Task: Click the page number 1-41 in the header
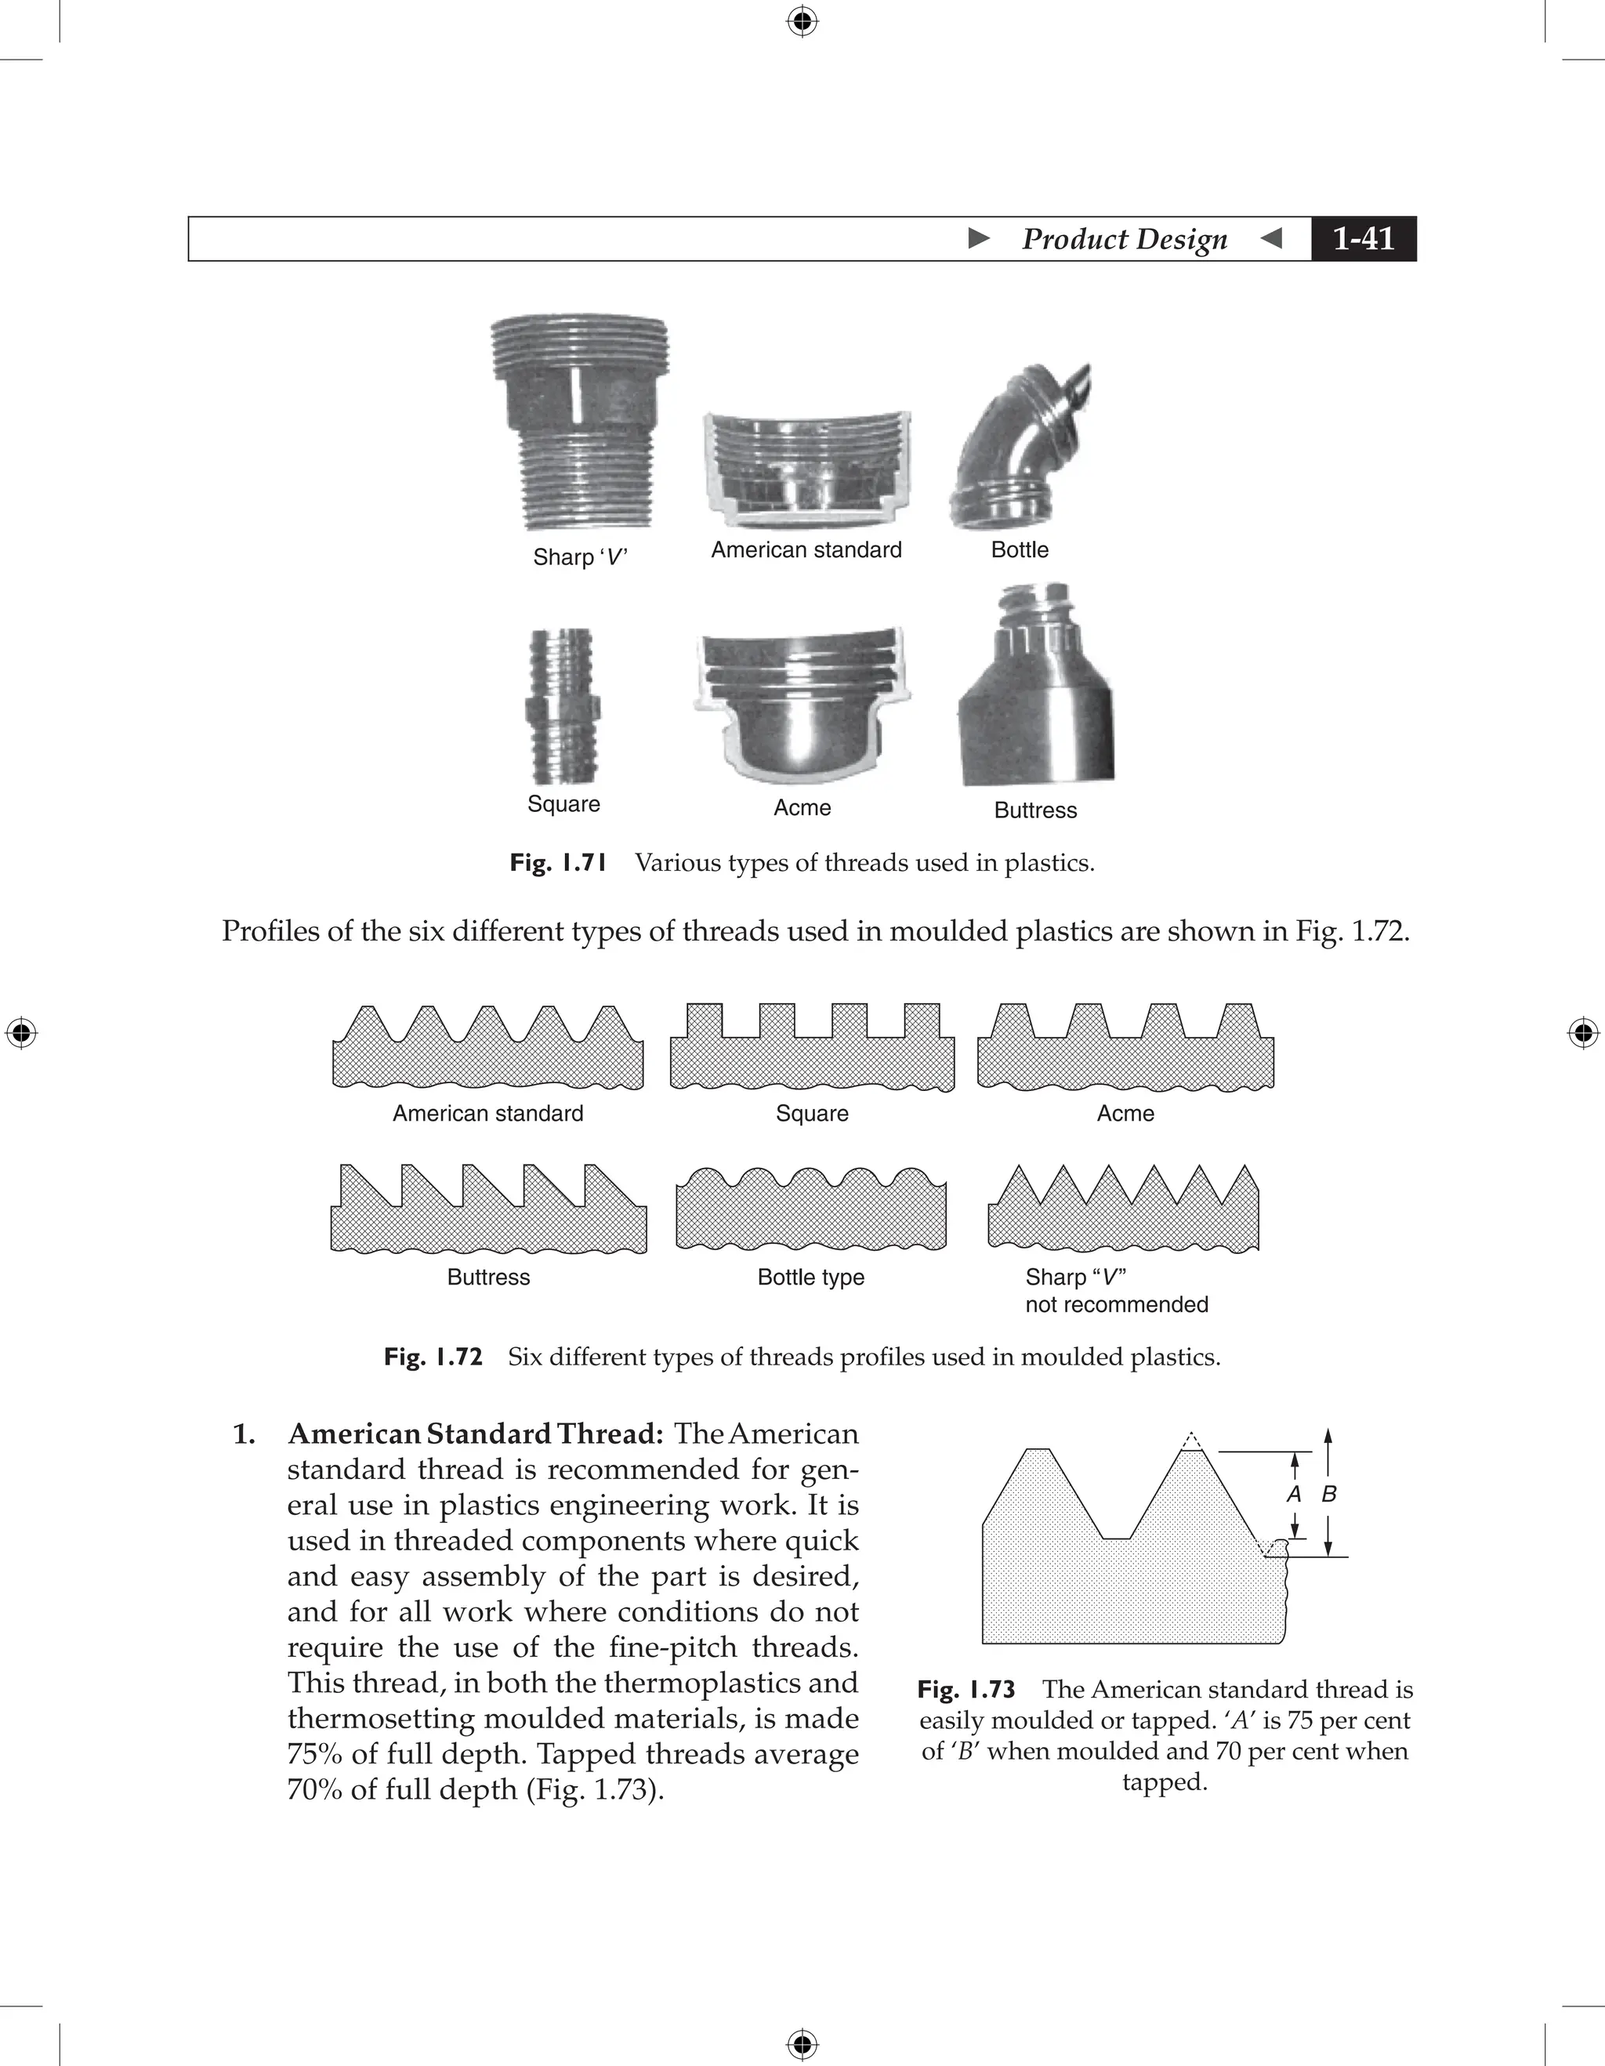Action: tap(1363, 238)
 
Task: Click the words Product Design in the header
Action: tap(1125, 238)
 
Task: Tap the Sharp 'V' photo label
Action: tap(580, 556)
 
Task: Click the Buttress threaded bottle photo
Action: tap(1037, 685)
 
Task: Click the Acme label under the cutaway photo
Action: tap(802, 807)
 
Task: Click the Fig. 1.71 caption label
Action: tap(558, 863)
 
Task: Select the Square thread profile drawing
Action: tap(811, 1047)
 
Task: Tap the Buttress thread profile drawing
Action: tap(488, 1209)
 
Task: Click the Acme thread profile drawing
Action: tap(1125, 1047)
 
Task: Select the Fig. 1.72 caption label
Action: tap(433, 1357)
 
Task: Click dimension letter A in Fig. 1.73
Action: tap(1295, 1495)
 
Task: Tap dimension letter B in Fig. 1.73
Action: tap(1329, 1495)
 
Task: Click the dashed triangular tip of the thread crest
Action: tap(1192, 1441)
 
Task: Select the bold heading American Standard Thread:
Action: tap(476, 1434)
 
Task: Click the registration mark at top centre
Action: tap(802, 21)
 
